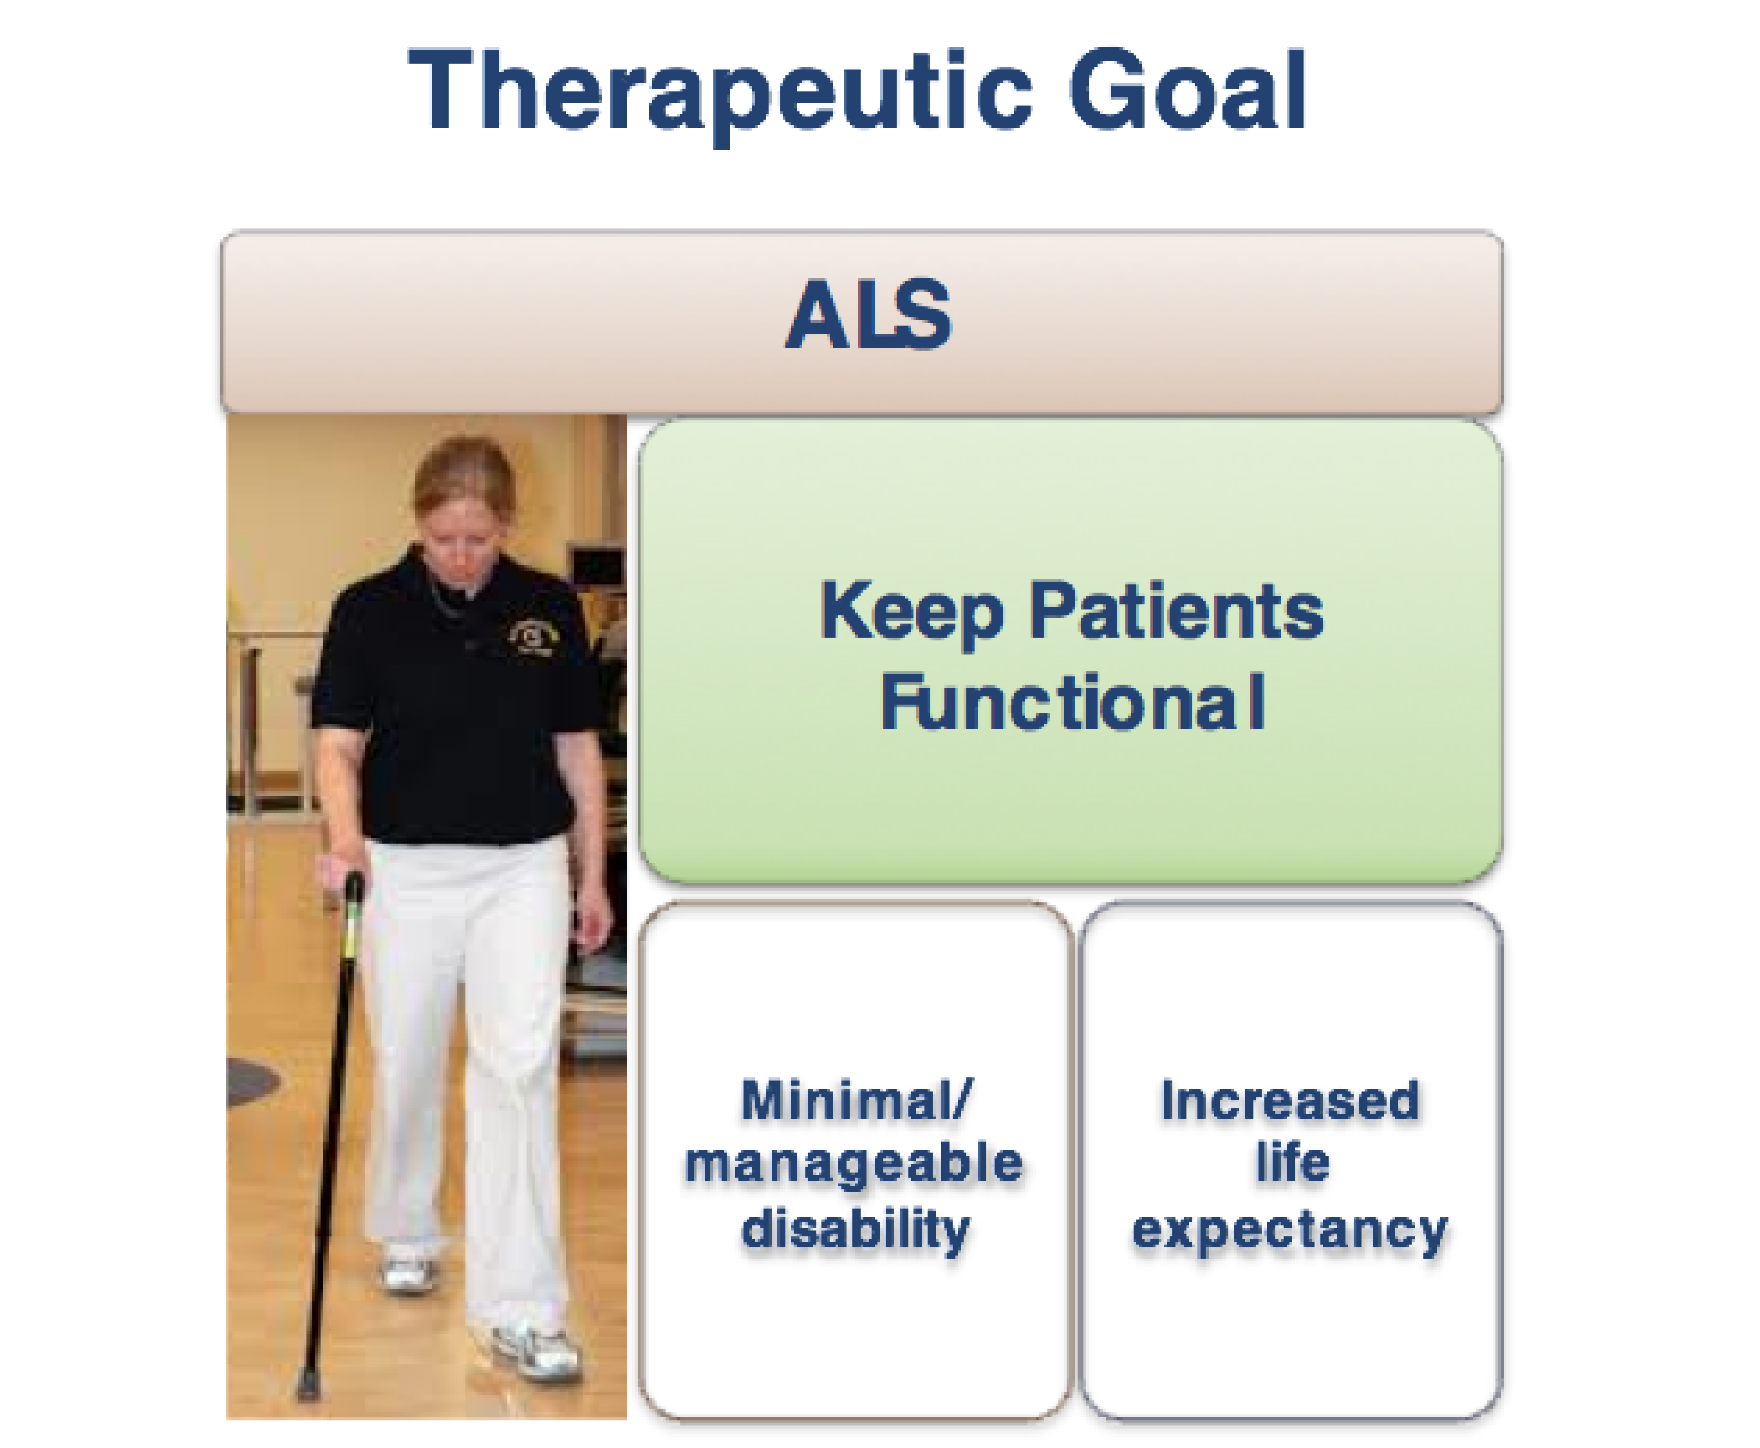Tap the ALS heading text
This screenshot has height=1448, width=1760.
click(x=868, y=315)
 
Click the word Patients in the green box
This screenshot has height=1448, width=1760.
click(x=1176, y=611)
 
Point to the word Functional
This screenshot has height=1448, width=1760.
click(x=1072, y=702)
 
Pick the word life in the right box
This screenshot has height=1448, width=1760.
click(x=1291, y=1160)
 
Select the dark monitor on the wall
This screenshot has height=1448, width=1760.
click(x=595, y=567)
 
